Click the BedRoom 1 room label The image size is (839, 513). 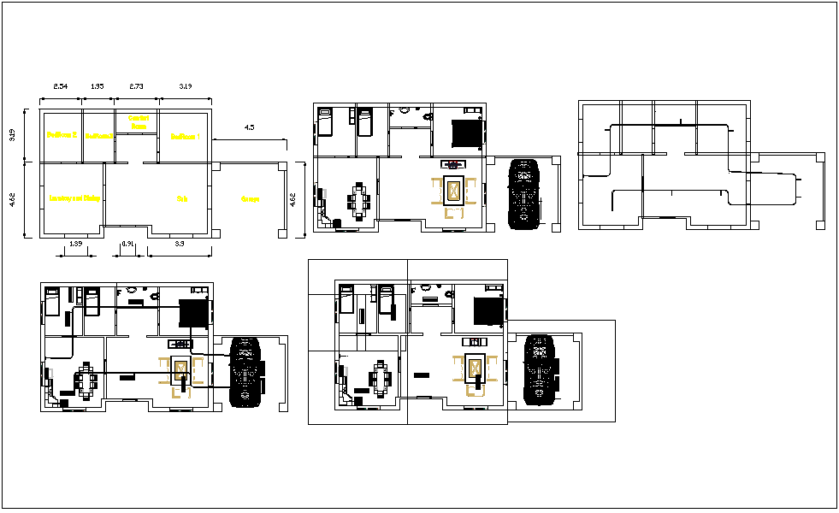tap(185, 136)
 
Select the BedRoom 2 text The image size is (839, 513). tap(62, 135)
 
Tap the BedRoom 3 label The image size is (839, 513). tap(98, 135)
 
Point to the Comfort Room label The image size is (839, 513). tap(138, 122)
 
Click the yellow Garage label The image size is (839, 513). tap(251, 199)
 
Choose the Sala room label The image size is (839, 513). tap(182, 198)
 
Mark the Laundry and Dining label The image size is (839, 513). tap(74, 198)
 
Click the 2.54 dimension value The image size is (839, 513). tap(62, 87)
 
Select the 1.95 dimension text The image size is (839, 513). tap(98, 87)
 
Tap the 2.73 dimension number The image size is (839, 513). tap(137, 87)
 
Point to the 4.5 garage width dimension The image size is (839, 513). tap(249, 127)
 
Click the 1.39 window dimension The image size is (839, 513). tap(74, 245)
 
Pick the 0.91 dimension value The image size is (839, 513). tap(128, 245)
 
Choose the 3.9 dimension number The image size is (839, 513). tap(179, 245)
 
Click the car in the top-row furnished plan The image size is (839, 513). tap(523, 193)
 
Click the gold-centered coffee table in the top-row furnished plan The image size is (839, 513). tap(452, 191)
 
